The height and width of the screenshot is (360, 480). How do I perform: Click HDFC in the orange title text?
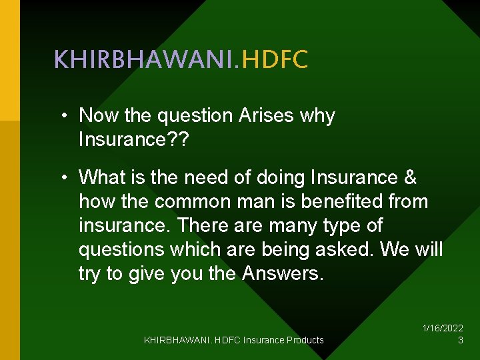point(275,60)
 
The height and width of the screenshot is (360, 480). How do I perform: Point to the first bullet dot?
point(62,116)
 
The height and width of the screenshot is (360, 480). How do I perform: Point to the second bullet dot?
point(62,178)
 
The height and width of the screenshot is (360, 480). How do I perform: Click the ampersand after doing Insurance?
point(411,178)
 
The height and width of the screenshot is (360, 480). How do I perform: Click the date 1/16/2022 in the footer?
point(443,328)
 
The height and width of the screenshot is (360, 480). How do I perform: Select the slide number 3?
point(460,340)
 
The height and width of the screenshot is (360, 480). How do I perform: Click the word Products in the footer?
point(305,340)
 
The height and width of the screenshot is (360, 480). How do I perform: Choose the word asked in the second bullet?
point(341,249)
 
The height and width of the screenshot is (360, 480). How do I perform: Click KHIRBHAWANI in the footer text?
point(175,340)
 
